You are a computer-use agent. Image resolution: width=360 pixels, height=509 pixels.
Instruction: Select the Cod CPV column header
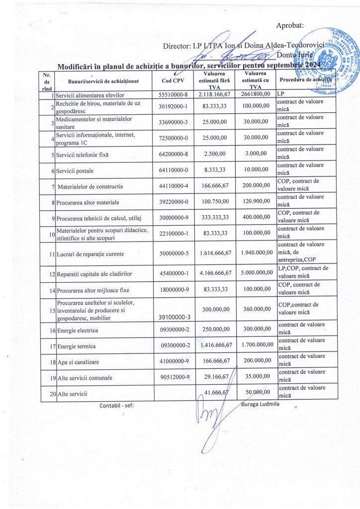(x=172, y=81)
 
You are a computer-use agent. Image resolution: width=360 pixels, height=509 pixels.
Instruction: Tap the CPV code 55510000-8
(x=173, y=94)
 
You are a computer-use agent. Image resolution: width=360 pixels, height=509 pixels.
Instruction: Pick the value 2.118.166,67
(x=215, y=94)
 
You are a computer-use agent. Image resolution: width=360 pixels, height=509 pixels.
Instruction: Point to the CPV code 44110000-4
(x=173, y=186)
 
